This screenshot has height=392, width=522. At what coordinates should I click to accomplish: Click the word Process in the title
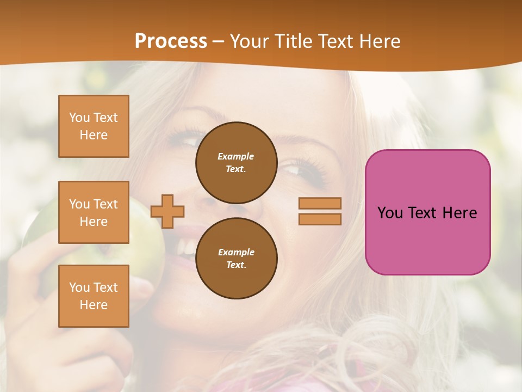tap(171, 41)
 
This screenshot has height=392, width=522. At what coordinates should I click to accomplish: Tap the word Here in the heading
tap(379, 41)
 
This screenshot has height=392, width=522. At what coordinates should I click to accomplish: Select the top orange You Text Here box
tap(94, 126)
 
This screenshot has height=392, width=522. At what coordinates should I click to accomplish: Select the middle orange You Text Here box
tap(94, 212)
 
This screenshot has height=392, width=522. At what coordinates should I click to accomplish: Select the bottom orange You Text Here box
tap(94, 296)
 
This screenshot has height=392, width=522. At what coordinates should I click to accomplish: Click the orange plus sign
tap(167, 211)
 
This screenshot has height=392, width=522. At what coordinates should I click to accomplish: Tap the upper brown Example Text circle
tap(237, 163)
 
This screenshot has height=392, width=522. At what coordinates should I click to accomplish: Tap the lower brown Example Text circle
tap(237, 259)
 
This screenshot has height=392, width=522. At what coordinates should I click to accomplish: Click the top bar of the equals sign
tap(320, 203)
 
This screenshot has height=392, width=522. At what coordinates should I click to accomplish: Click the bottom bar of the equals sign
tap(320, 219)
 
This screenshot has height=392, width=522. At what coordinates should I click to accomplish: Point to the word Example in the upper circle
tap(236, 156)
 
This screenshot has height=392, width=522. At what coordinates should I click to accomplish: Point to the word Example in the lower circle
tap(236, 252)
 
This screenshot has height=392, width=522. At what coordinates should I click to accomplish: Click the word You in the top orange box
tap(79, 118)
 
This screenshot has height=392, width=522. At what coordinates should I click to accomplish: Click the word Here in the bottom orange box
tap(94, 305)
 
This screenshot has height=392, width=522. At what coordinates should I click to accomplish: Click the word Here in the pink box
tap(460, 213)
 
